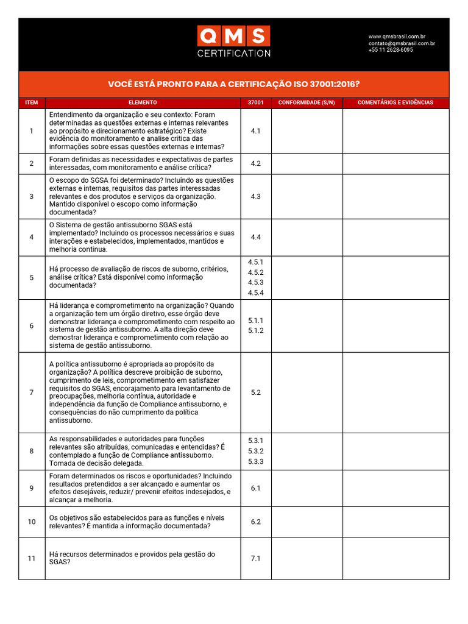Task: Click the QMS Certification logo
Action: [x=233, y=41]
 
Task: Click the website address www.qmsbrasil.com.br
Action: [x=397, y=37]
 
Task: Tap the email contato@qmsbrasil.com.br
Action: [x=401, y=43]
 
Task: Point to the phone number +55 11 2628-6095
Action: [x=390, y=50]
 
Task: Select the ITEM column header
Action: [x=32, y=102]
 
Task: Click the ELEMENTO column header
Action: [x=143, y=102]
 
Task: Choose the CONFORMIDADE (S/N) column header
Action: [x=307, y=102]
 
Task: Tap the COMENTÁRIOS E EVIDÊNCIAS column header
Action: [x=395, y=102]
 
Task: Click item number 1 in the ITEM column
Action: [x=32, y=131]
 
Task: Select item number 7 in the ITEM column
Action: [x=32, y=392]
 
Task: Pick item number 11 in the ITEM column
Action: [x=32, y=558]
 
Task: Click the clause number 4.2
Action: [x=255, y=163]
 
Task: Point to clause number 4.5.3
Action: [x=255, y=282]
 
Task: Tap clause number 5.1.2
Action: [x=255, y=330]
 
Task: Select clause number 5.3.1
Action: [x=255, y=440]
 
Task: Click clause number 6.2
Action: [x=255, y=522]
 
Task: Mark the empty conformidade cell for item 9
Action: [x=307, y=488]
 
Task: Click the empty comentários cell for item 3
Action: [x=395, y=197]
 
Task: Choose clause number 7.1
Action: [x=255, y=558]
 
